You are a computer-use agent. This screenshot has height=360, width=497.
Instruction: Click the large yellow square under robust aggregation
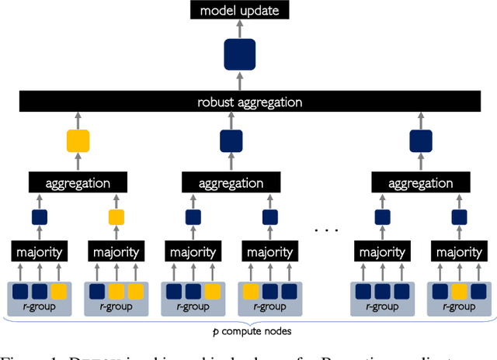click(x=78, y=140)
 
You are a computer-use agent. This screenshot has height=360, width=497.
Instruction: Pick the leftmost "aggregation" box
click(x=78, y=183)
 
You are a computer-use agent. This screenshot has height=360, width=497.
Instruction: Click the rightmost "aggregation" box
click(x=420, y=183)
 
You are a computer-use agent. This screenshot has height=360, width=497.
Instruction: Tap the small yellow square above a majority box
click(x=116, y=217)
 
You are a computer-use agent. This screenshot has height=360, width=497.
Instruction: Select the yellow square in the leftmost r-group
click(x=59, y=292)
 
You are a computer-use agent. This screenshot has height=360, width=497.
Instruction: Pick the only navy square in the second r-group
click(x=97, y=292)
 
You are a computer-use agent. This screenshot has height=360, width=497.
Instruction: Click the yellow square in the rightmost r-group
click(x=458, y=292)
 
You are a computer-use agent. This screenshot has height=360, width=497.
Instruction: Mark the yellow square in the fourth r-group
click(x=252, y=292)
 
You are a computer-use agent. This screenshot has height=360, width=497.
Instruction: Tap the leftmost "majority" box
click(x=40, y=252)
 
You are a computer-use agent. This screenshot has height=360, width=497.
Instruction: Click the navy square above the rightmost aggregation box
click(x=420, y=140)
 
